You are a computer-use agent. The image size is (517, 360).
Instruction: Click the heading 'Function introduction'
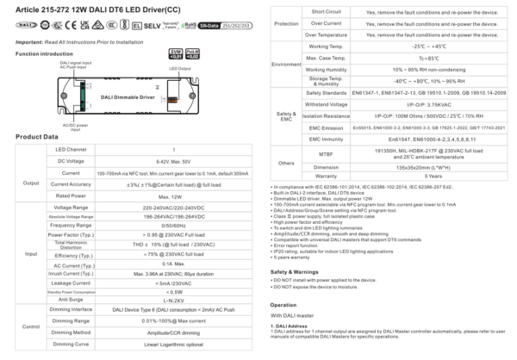coord(45,53)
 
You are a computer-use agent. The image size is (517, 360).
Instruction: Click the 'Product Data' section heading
coord(37,137)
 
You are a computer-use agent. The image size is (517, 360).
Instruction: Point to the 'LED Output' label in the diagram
coord(180,68)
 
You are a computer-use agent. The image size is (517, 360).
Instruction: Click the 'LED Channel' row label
coord(65,149)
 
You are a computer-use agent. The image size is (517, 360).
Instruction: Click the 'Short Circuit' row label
coord(308,11)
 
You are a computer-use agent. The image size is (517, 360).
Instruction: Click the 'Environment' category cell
coord(284,63)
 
